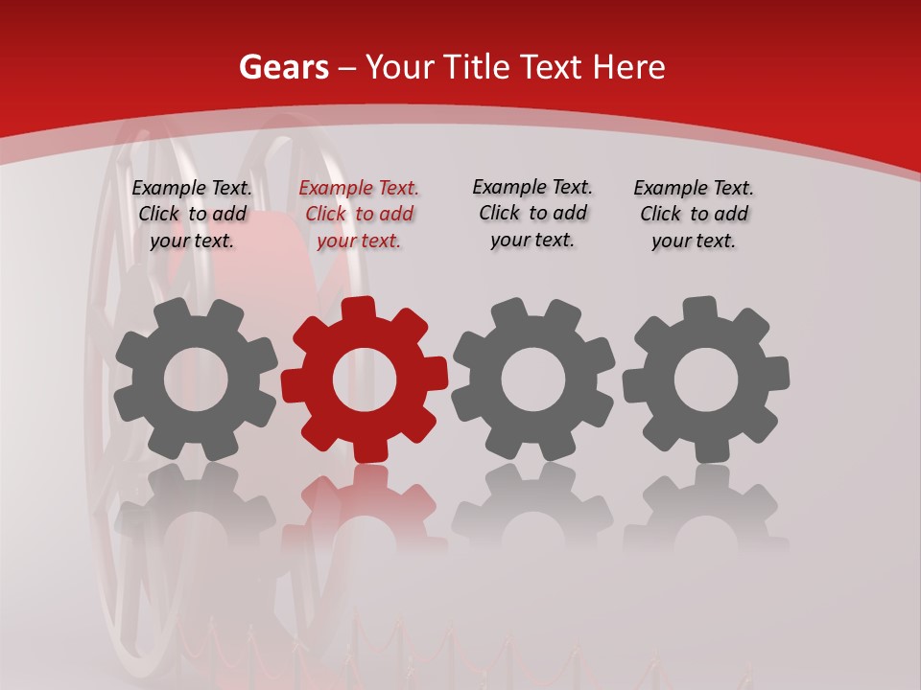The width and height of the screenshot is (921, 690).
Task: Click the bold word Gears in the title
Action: tap(284, 67)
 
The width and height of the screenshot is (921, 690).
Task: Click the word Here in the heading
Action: tap(628, 67)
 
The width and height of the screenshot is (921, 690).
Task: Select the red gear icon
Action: tap(365, 379)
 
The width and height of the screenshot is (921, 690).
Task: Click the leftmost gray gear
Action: tap(196, 379)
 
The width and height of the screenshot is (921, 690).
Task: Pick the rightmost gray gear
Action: tap(706, 379)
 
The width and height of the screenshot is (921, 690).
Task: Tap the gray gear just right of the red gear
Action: tap(533, 379)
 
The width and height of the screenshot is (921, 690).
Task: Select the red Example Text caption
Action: tap(359, 215)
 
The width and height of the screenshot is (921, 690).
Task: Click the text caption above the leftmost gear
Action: tap(192, 215)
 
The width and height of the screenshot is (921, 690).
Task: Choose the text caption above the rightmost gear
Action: tap(694, 215)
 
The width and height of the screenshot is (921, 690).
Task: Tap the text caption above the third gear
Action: tap(532, 214)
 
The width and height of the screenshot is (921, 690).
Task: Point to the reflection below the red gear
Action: tap(365, 508)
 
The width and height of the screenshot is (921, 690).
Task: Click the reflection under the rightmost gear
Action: tap(706, 508)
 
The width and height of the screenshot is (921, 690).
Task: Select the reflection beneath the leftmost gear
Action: tap(196, 508)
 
